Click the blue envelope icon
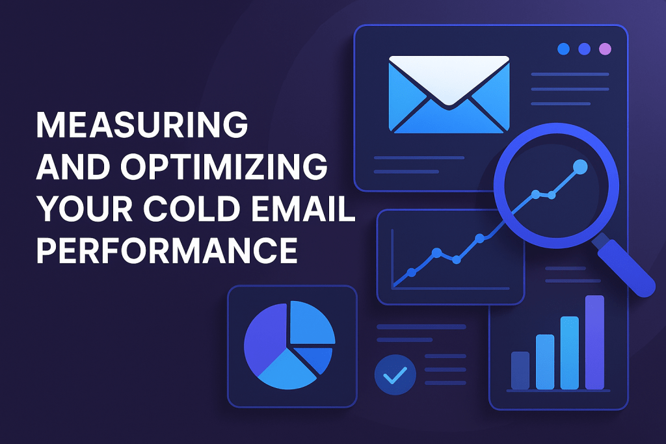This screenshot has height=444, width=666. (449, 94)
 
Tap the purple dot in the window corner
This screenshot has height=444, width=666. (605, 49)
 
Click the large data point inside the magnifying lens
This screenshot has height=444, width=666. (580, 167)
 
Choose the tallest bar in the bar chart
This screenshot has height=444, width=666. (594, 342)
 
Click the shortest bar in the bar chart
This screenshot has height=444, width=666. (520, 371)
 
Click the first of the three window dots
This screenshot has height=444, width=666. (564, 49)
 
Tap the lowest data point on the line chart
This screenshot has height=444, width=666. (411, 272)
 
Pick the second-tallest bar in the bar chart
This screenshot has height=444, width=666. (570, 353)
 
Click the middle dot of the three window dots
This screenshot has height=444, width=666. (585, 49)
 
